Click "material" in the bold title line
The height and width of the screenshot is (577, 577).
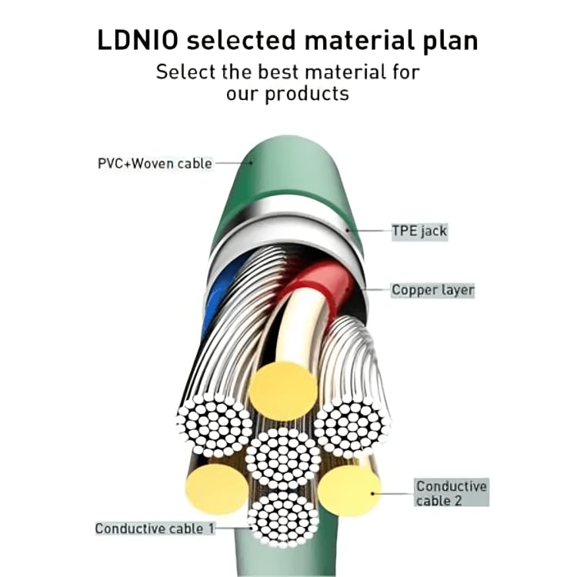click(x=353, y=41)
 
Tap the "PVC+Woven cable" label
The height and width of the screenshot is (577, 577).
click(x=155, y=163)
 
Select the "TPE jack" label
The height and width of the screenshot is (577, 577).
click(x=419, y=230)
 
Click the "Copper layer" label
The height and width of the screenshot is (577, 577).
click(x=433, y=290)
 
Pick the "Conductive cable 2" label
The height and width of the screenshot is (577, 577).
click(x=452, y=493)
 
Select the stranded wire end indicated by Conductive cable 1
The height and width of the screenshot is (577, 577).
click(x=284, y=519)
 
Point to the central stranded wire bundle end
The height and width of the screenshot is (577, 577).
click(x=282, y=458)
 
